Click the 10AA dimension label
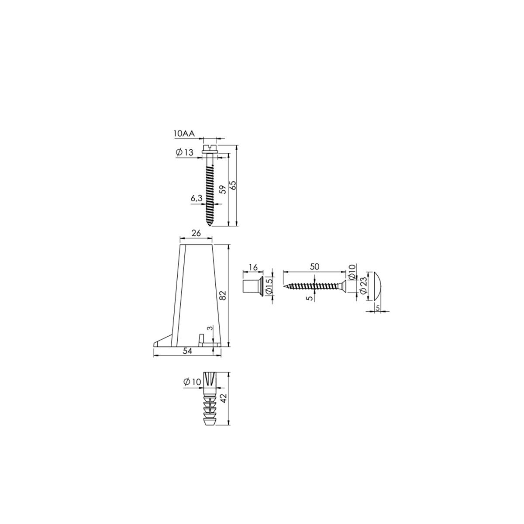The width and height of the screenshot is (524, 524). pos(184,133)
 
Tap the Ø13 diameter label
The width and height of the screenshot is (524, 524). pos(185,152)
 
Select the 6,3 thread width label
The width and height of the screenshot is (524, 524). pos(196,199)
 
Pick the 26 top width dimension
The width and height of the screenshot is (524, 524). pos(196,233)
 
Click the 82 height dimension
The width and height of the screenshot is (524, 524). pos(223,295)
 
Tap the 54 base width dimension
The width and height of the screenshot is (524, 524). pos(187,351)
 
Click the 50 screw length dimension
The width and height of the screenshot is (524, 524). pos(314,267)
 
